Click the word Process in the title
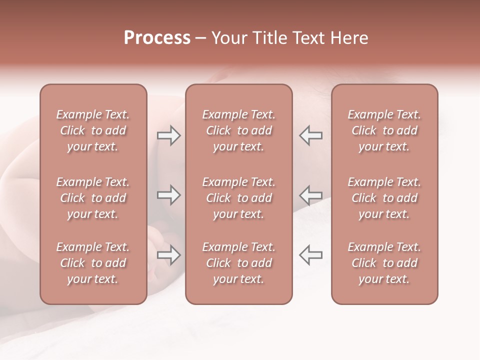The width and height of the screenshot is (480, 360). (x=157, y=38)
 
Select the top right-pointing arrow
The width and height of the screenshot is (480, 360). (x=169, y=135)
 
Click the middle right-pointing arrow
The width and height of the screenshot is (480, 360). (x=169, y=194)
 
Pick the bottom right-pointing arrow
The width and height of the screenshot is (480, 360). (x=169, y=255)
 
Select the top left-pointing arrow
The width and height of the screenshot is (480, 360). (x=310, y=135)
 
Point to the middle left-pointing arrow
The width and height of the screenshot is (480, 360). (x=310, y=194)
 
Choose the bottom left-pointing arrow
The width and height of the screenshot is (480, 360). (x=310, y=255)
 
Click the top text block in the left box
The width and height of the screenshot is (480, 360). (x=93, y=130)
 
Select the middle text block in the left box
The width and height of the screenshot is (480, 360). (x=93, y=198)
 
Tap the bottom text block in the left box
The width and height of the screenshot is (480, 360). (x=93, y=263)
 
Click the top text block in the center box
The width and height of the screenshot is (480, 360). (x=238, y=130)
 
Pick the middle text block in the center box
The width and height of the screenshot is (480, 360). (x=238, y=198)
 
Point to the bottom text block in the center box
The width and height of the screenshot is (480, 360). (x=238, y=263)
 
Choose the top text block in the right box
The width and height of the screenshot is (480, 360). (x=384, y=130)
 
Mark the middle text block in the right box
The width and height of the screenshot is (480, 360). (x=384, y=198)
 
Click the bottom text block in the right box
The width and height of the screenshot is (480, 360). (x=384, y=263)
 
